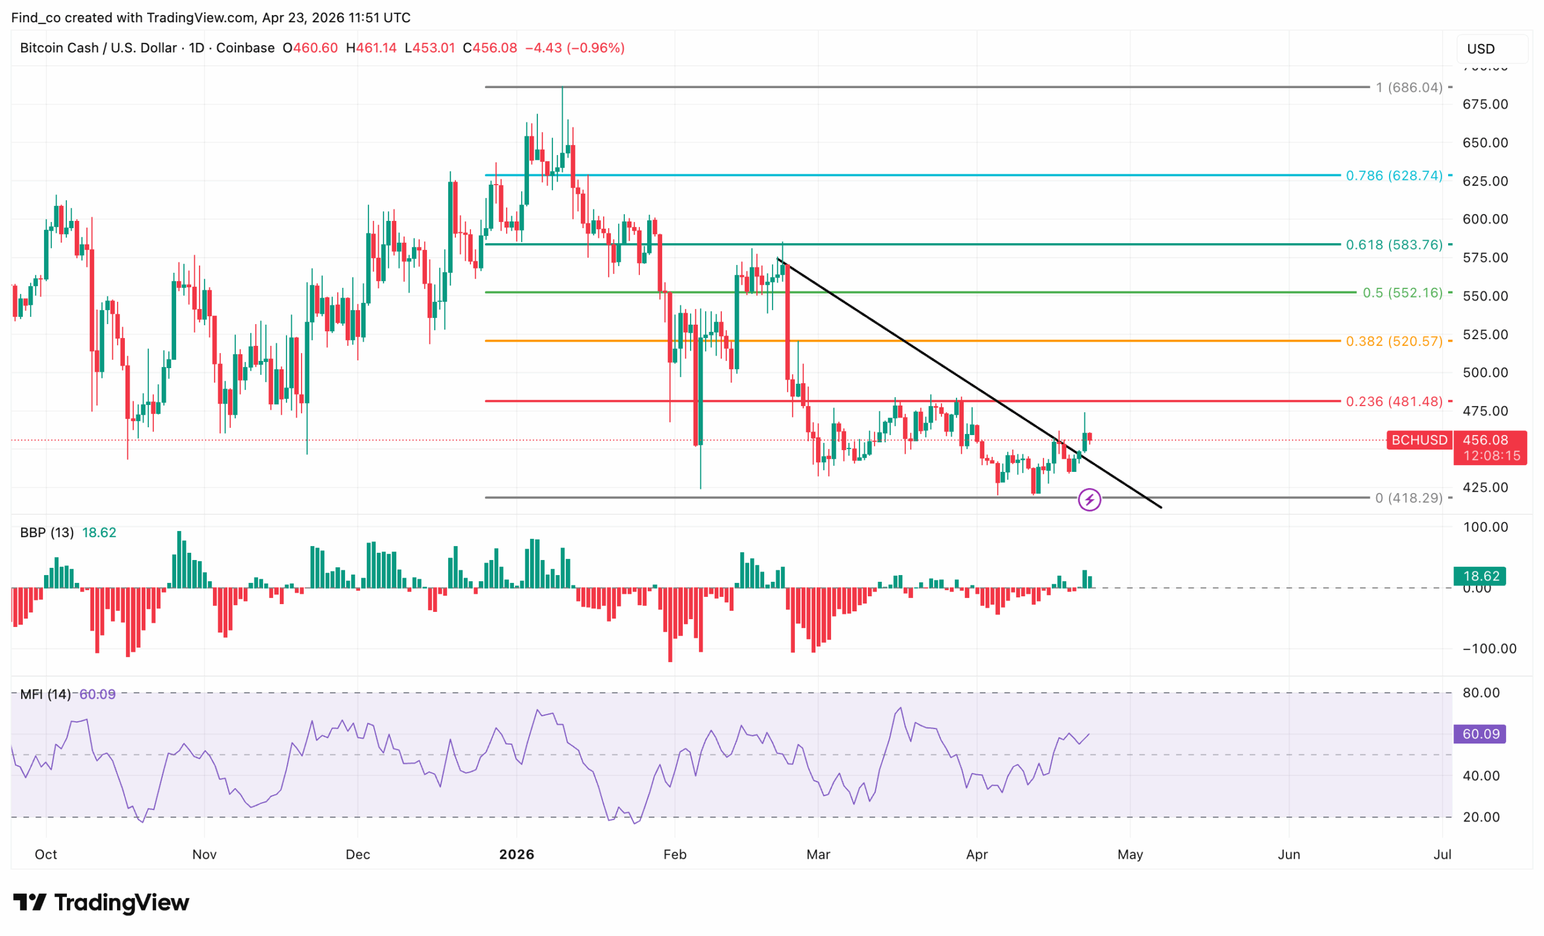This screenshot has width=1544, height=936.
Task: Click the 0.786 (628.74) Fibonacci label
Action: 1394,176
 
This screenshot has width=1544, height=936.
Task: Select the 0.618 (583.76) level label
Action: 1394,244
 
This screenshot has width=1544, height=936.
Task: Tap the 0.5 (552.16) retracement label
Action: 1402,293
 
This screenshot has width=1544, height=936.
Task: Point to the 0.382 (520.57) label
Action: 1394,341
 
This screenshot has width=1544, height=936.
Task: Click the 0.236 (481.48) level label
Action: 1394,401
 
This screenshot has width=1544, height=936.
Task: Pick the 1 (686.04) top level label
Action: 1409,87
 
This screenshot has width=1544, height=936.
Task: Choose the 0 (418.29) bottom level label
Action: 1409,498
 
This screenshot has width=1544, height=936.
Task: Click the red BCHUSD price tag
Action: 1419,440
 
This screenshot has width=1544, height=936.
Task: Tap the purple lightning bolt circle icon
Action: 1089,500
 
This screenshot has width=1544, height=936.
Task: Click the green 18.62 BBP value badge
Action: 1480,576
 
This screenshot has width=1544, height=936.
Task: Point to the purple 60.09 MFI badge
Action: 1480,733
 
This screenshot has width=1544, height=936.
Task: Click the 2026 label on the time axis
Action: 516,855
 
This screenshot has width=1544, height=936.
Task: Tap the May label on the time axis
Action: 1130,855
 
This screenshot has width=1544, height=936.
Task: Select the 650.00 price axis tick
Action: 1485,142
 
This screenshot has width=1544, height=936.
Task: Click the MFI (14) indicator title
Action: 45,694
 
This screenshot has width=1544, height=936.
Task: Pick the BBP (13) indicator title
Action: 47,532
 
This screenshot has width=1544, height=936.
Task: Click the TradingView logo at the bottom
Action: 101,903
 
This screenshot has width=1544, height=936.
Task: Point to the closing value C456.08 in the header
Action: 490,48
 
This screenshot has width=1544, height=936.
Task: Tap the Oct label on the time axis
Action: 46,855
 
